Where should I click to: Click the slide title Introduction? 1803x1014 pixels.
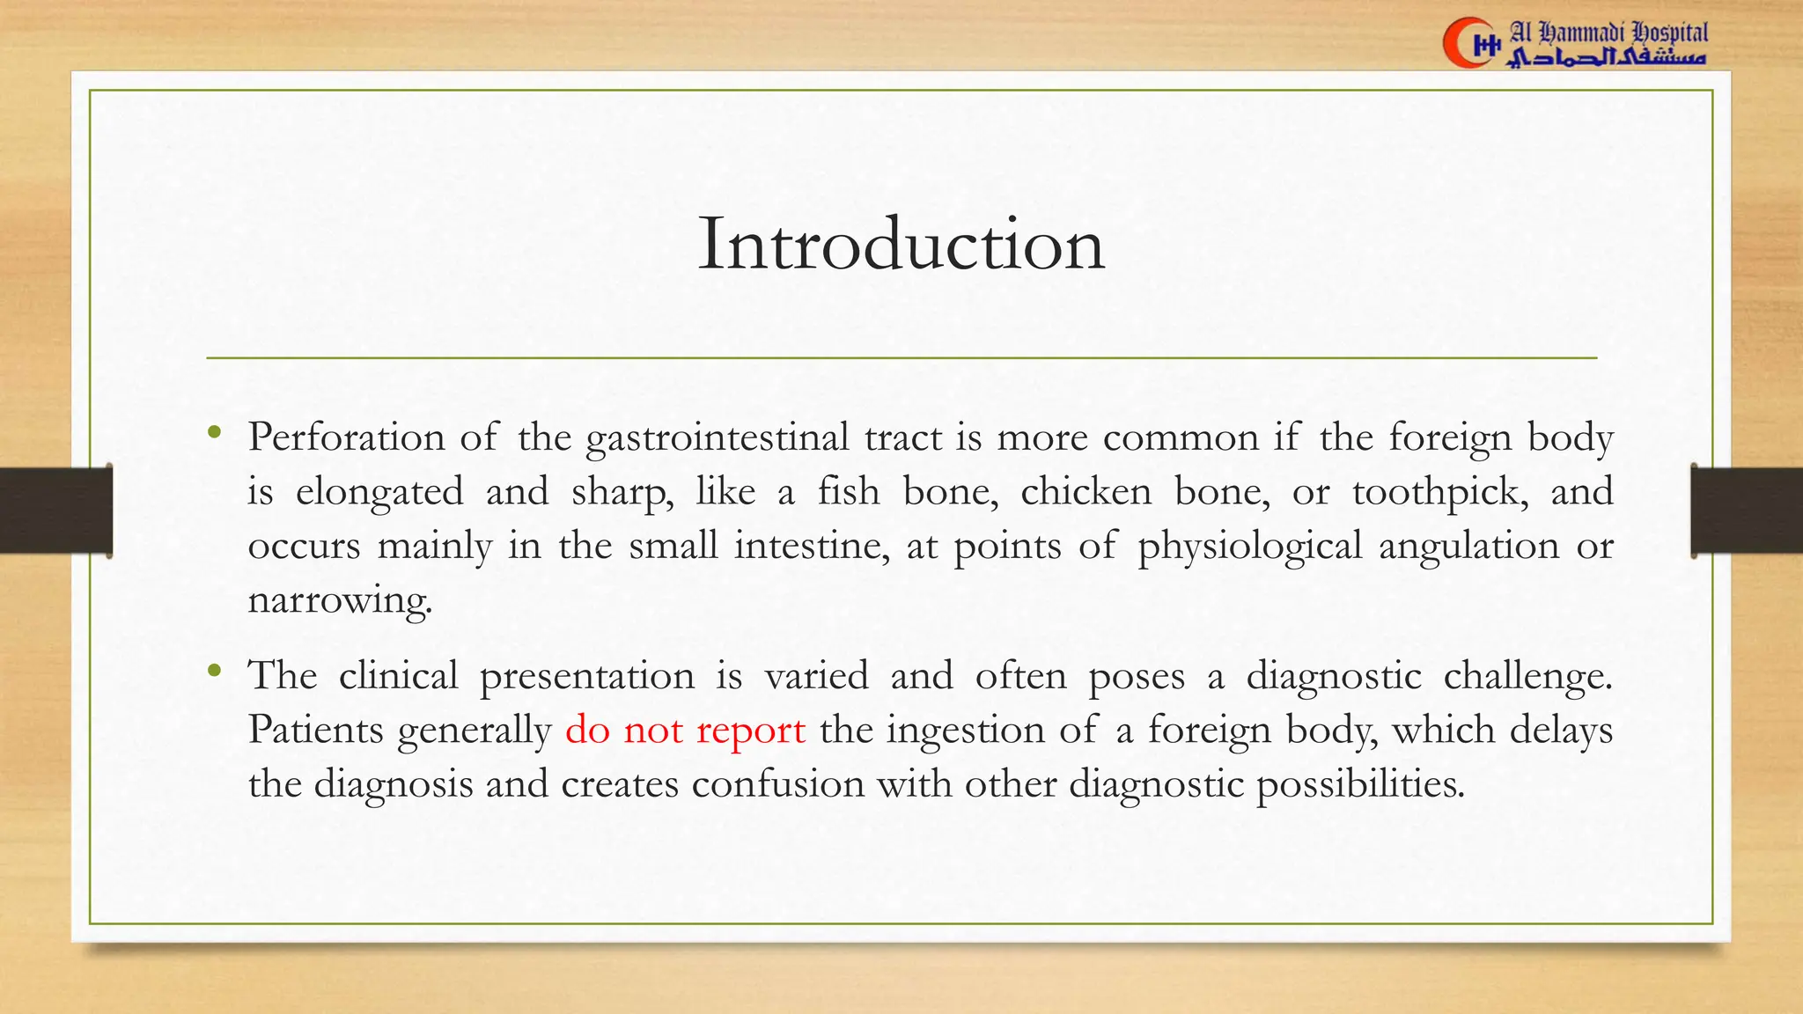(x=901, y=244)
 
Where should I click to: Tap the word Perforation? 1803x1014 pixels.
(x=346, y=437)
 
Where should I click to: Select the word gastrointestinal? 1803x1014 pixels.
(x=717, y=438)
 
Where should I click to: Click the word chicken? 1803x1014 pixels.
(x=1085, y=491)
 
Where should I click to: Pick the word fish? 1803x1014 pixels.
(x=848, y=491)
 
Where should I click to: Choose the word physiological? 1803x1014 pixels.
(x=1250, y=547)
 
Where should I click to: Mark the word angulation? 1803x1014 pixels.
(x=1468, y=547)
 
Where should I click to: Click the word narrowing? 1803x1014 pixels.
(x=340, y=600)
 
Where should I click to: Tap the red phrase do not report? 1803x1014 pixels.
(x=685, y=730)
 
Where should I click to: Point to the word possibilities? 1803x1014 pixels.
(x=1360, y=784)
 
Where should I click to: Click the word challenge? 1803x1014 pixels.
(x=1527, y=676)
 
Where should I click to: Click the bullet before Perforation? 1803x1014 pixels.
(x=214, y=432)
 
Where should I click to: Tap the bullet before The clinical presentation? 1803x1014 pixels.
(x=214, y=672)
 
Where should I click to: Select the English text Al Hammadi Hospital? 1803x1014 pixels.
(x=1608, y=33)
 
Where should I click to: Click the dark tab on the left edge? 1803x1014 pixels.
(x=55, y=511)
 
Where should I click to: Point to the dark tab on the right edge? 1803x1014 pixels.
(x=1747, y=511)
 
